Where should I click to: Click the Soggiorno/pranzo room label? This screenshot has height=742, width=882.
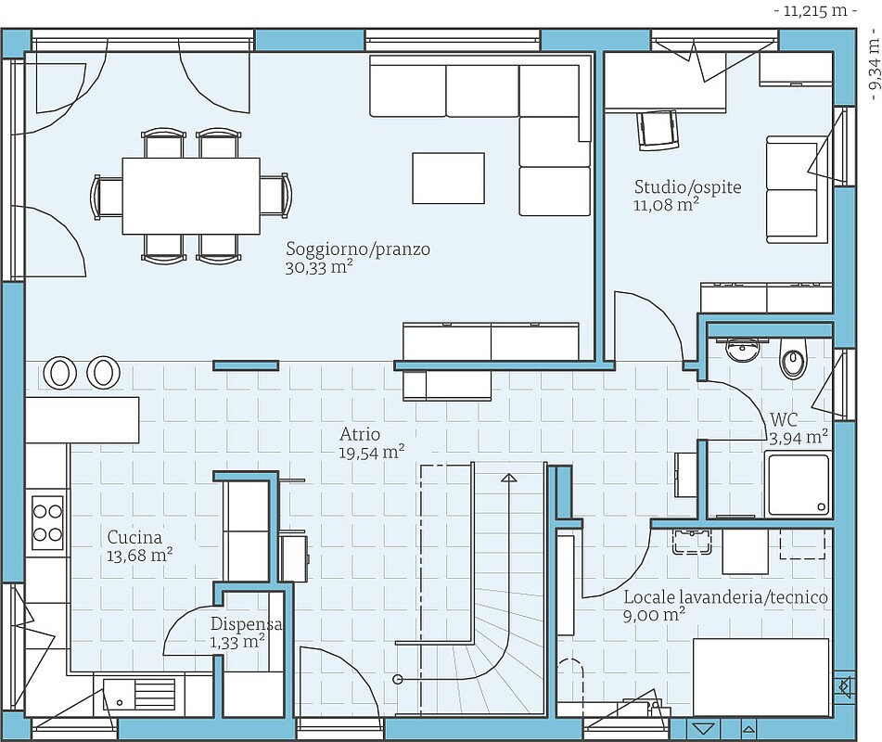pos(358,249)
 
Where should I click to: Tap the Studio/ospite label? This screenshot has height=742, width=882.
pos(687,186)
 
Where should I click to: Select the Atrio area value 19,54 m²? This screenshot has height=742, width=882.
pos(371,452)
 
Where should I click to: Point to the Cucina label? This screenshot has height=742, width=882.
pos(134,537)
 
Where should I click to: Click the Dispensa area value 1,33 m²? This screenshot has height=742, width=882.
pos(237,642)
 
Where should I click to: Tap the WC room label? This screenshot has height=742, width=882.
pos(784,419)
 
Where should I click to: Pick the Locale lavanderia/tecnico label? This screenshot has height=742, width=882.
pos(725,597)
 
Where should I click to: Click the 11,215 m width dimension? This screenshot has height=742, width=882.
pos(815,11)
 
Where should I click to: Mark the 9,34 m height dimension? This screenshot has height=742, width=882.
pos(873,66)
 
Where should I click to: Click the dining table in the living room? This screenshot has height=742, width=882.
pos(191,196)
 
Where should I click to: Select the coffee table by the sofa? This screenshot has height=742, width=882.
pos(448,178)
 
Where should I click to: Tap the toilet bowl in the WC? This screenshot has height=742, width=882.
pos(793,359)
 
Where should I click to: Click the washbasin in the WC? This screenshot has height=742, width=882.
pos(743,350)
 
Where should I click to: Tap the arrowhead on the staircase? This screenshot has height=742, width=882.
pos(509,479)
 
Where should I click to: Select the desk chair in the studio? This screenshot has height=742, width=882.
pos(657,129)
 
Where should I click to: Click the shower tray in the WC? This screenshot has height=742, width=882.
pos(798,484)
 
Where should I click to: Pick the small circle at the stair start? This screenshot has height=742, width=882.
pos(398,680)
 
